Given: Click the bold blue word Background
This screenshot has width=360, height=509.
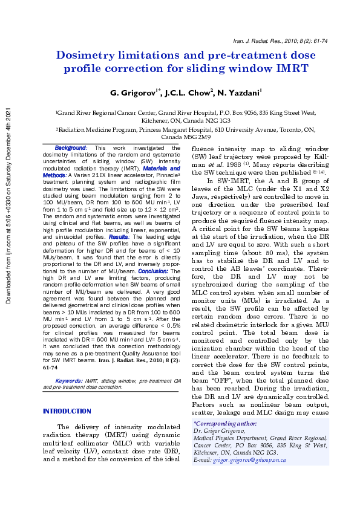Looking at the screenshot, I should tap(71, 148).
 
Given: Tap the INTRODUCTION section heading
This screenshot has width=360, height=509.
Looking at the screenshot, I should tap(67, 412).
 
